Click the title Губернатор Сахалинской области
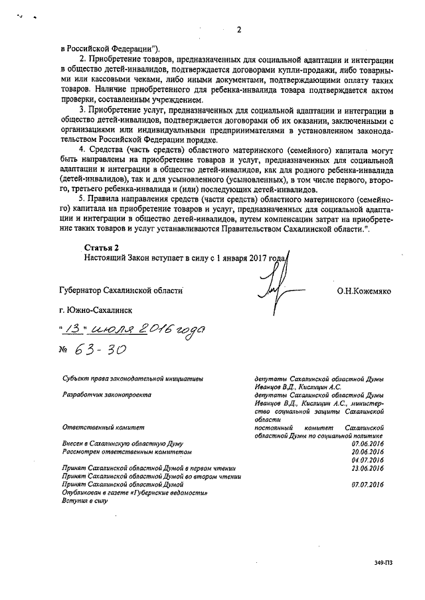120,290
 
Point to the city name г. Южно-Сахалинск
96,310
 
